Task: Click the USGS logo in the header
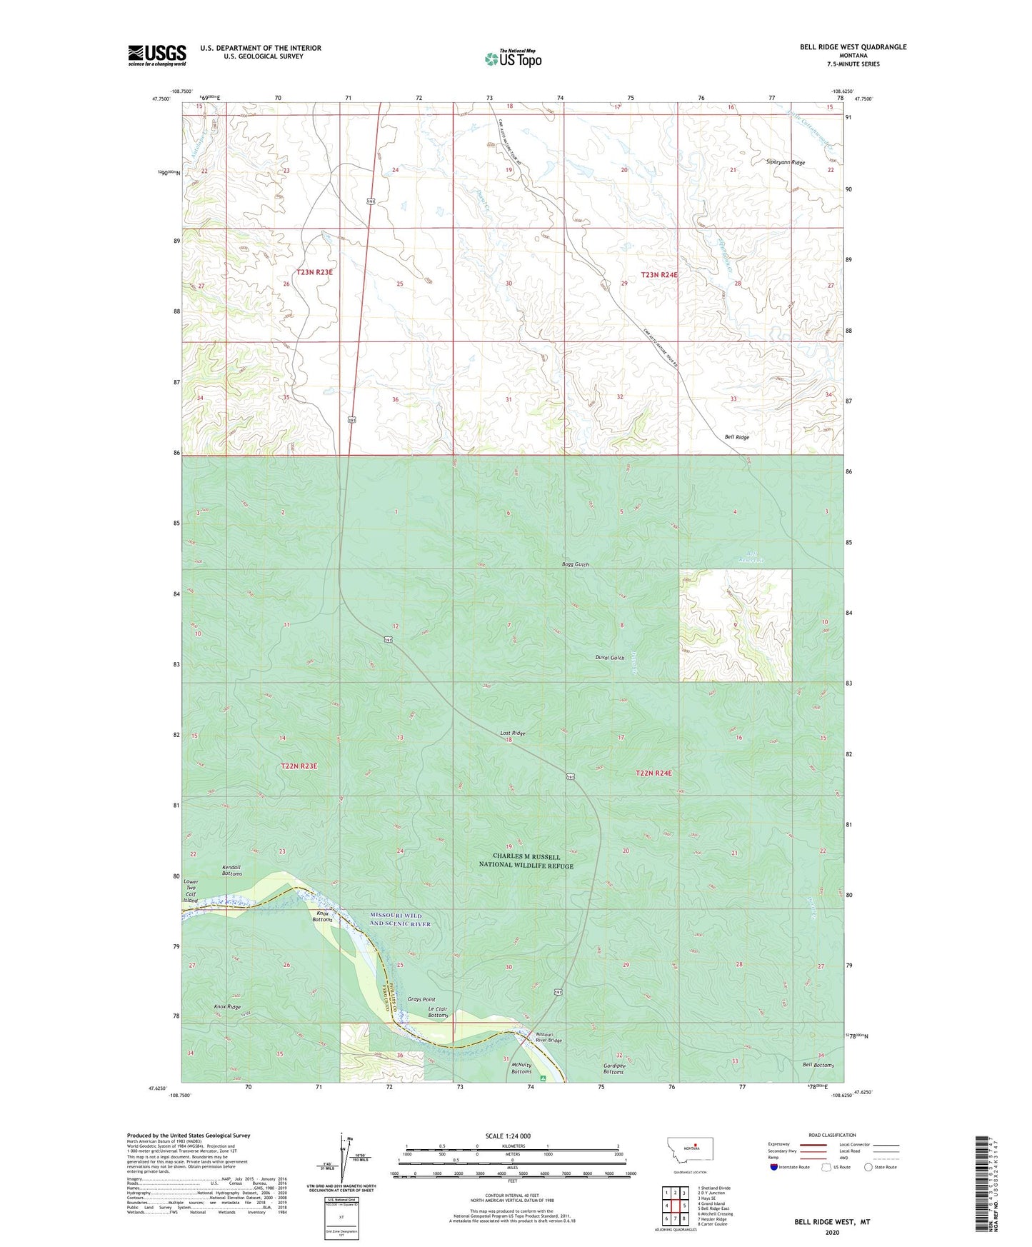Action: click(x=157, y=55)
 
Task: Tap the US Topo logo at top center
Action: click(x=513, y=59)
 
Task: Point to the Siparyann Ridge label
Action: click(x=785, y=163)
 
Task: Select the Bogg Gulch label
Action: click(x=575, y=565)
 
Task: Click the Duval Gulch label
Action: click(x=610, y=658)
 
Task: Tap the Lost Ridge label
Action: click(x=512, y=733)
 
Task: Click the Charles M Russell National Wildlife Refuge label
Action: click(x=533, y=861)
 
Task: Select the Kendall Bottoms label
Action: click(x=231, y=870)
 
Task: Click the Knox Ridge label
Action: click(x=227, y=1006)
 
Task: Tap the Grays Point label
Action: click(x=421, y=999)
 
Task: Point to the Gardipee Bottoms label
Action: click(x=613, y=1068)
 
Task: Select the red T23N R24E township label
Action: click(x=658, y=274)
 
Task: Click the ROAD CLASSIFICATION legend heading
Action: click(x=832, y=1135)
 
